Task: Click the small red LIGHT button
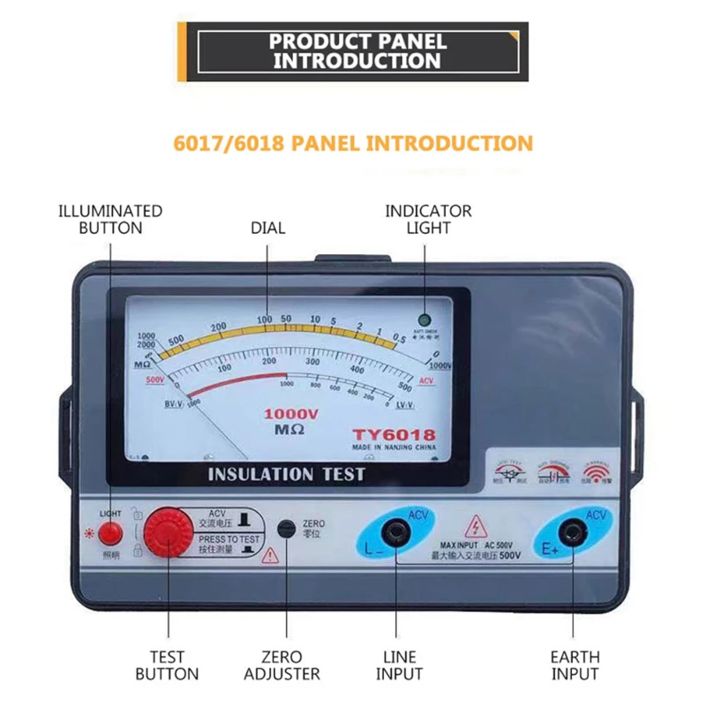point(110,532)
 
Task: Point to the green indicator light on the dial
point(424,320)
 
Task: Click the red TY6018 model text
point(394,434)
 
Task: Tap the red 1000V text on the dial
point(291,413)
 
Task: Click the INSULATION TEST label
point(286,474)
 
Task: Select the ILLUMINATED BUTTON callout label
point(110,219)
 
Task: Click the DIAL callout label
point(268,228)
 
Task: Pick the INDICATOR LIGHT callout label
point(428,219)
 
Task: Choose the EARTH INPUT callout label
point(575,665)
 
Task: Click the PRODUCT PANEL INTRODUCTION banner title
point(357,51)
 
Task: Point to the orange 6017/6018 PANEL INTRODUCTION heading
point(352,143)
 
